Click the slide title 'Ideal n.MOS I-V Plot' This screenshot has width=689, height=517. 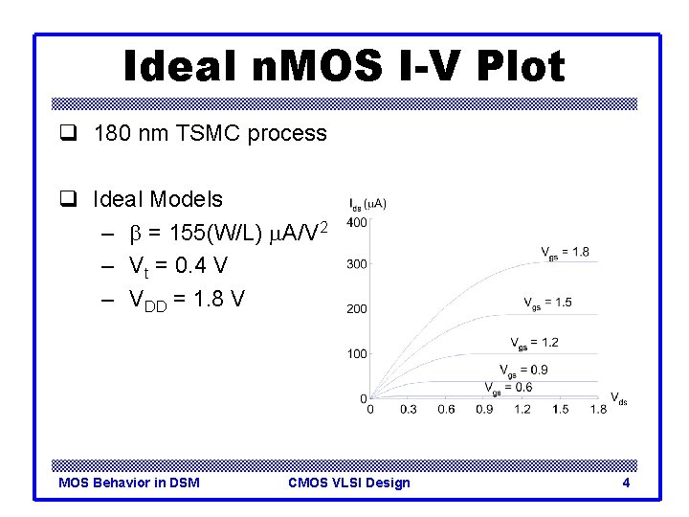tap(344, 67)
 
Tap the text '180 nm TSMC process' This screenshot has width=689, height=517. tap(210, 133)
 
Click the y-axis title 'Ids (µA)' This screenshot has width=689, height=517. tap(367, 203)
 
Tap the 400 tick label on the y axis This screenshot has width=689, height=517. tap(356, 222)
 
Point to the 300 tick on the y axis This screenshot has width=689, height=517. tap(356, 264)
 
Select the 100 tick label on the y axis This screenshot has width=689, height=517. tap(356, 353)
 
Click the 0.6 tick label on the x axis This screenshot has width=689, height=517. tap(446, 410)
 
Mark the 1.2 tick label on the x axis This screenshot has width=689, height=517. tap(522, 410)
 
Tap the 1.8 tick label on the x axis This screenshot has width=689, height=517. tap(597, 410)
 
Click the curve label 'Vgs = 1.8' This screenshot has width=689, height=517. tap(566, 253)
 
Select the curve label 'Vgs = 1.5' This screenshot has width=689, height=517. tap(547, 303)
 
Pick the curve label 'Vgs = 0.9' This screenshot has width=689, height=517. tap(523, 370)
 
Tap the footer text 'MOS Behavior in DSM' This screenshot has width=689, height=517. tap(129, 483)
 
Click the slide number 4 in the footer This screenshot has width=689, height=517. tap(626, 483)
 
